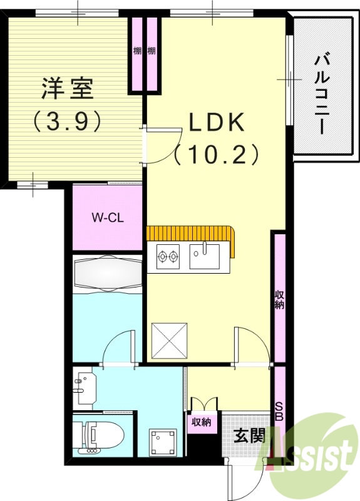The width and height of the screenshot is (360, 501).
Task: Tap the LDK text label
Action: pos(217,123)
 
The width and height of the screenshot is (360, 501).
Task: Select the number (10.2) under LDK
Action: pos(217,153)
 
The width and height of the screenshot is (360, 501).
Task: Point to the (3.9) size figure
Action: pos(67,121)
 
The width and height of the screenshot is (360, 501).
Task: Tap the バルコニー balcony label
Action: pos(323,94)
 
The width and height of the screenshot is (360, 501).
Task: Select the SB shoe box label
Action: pos(279,411)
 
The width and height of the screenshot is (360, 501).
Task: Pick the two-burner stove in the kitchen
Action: pos(168,256)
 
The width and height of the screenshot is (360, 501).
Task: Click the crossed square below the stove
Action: pos(170,340)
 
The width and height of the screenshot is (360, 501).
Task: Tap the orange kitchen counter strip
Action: pos(192,234)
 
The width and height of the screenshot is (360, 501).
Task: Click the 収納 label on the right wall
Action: pos(279,300)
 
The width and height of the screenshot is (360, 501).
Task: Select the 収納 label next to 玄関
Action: pos(202,422)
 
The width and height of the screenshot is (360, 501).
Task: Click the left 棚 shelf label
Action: pos(137,51)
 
